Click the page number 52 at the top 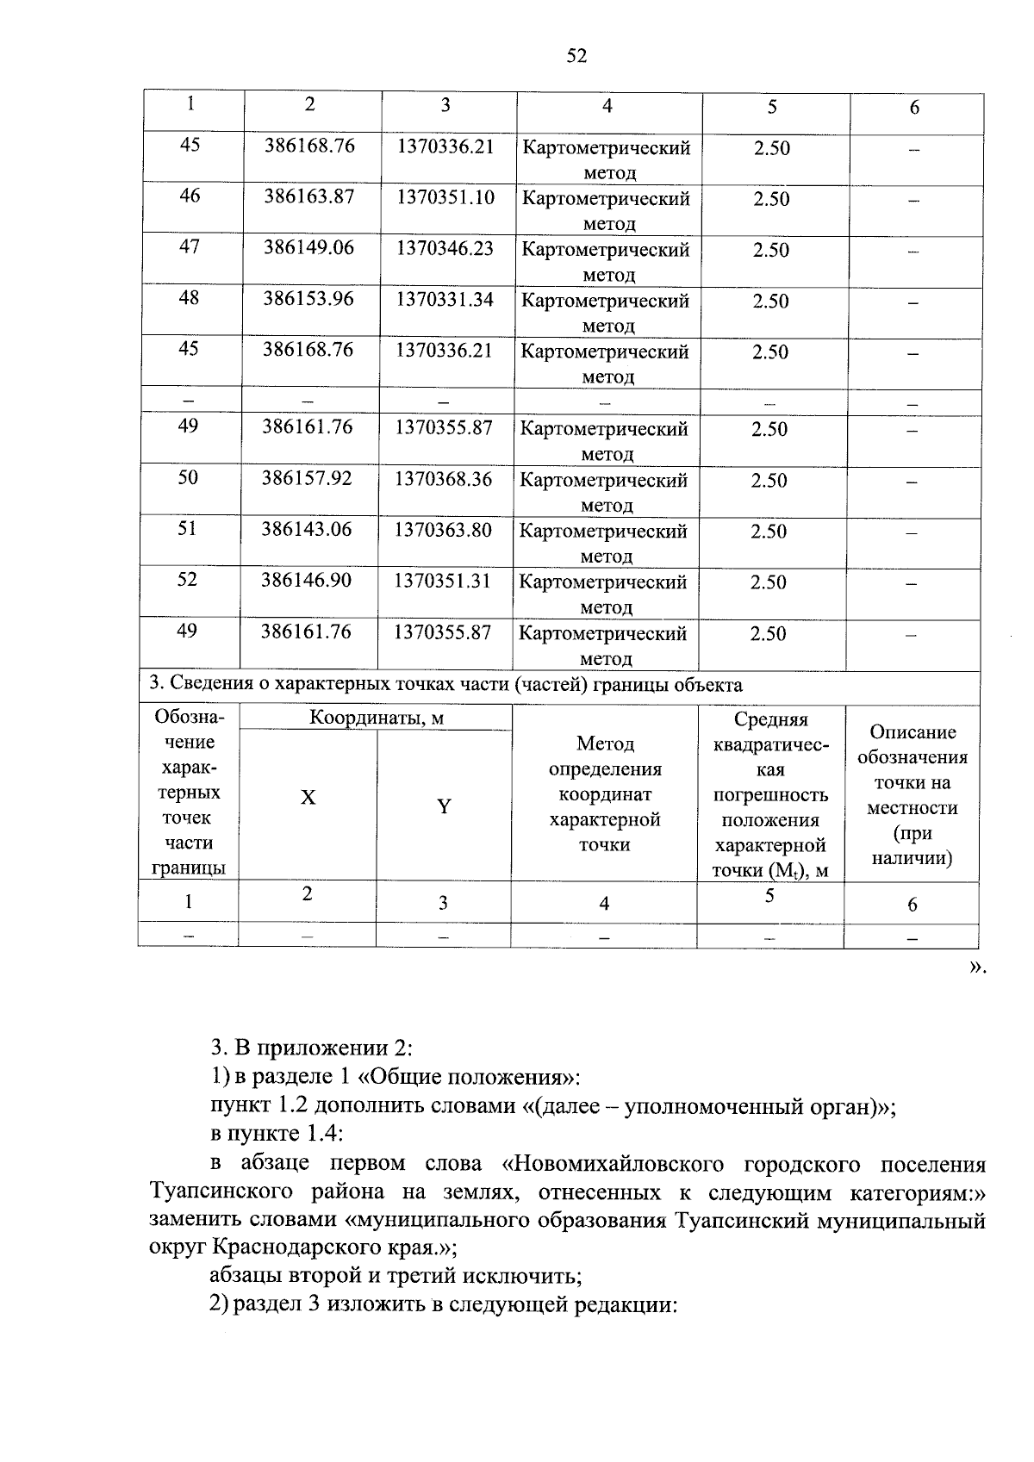576,57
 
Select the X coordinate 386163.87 309,196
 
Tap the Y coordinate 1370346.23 445,248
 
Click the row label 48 189,298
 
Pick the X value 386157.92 307,478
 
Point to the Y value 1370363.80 443,530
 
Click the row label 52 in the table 187,580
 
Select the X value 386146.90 307,581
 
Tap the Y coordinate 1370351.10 445,197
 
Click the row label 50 188,478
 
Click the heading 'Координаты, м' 377,718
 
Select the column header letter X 308,798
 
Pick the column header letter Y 444,807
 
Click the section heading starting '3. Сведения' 445,686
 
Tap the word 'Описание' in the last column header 913,732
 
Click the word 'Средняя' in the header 770,719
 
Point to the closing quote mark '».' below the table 975,967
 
